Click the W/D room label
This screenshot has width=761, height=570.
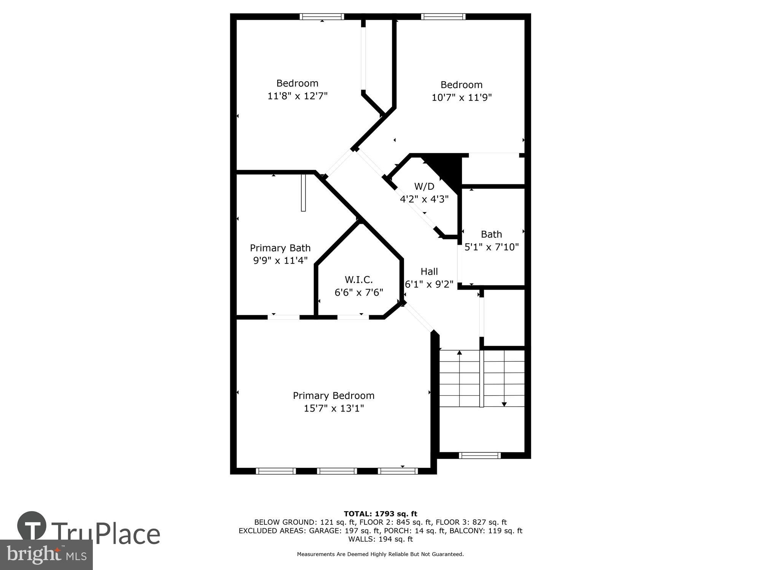point(424,186)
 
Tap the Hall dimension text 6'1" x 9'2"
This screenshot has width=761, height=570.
point(429,284)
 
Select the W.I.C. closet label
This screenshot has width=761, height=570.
point(358,280)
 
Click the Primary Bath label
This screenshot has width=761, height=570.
point(280,248)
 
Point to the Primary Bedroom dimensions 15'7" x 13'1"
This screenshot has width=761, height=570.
point(334,408)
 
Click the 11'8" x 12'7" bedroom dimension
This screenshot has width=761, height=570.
point(297,96)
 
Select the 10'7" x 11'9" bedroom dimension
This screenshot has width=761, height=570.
point(461,97)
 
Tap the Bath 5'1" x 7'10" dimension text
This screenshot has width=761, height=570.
point(491,247)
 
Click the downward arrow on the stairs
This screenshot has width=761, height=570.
point(504,404)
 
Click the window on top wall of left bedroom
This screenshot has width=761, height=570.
point(322,17)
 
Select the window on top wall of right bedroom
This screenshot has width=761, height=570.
point(443,17)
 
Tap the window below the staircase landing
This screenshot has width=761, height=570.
point(479,455)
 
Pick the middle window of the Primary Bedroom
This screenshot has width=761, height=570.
point(337,471)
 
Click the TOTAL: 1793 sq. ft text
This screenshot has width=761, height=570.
point(380,514)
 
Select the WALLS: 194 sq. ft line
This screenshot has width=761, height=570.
point(380,539)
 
